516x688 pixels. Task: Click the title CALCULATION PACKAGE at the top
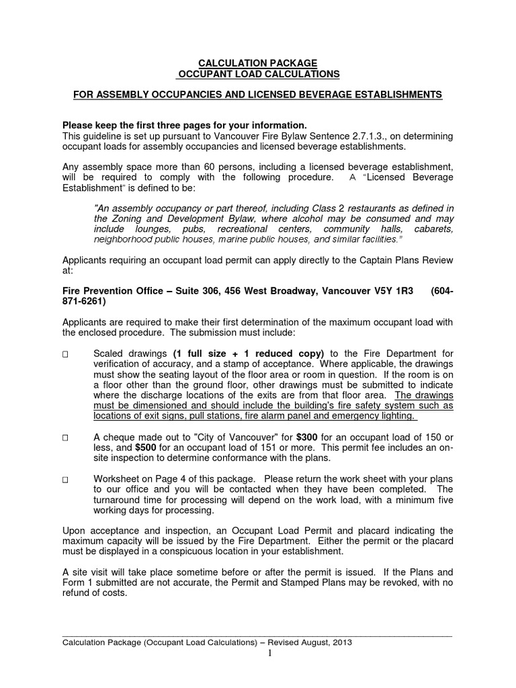[257, 62]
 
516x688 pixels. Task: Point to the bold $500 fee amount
[147, 447]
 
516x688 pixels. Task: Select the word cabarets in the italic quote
[433, 229]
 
